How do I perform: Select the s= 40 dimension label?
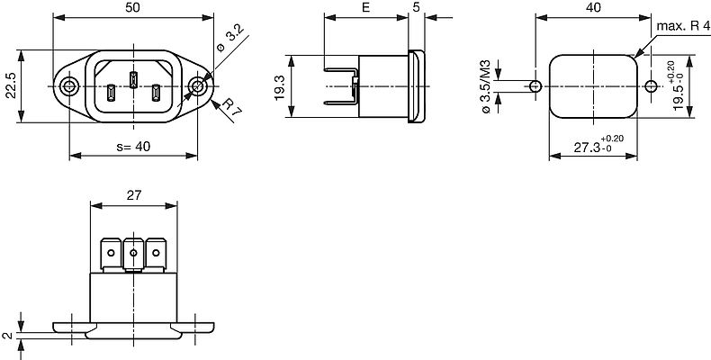tap(133, 147)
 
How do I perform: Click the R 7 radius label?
tap(232, 110)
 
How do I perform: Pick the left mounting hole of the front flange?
tap(69, 86)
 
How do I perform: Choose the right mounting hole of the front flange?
tap(199, 86)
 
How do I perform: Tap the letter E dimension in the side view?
tap(364, 7)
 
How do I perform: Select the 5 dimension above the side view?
tap(415, 7)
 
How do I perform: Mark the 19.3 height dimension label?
tap(280, 86)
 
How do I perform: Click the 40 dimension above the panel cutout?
tap(593, 7)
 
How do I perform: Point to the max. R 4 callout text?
tap(681, 26)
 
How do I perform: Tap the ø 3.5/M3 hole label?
tap(486, 85)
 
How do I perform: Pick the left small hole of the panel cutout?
tap(535, 86)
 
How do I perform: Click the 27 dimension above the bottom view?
tap(134, 194)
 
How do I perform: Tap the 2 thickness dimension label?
tap(7, 334)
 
